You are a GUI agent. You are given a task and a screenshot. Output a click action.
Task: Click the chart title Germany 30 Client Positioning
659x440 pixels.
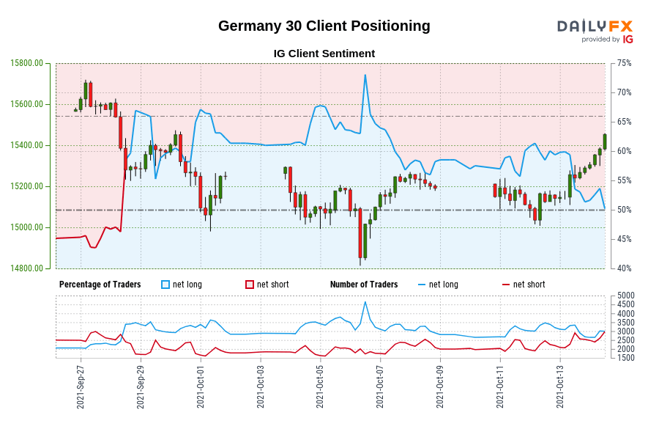click(x=324, y=26)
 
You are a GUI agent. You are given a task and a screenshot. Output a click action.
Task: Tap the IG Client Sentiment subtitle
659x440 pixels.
click(x=324, y=54)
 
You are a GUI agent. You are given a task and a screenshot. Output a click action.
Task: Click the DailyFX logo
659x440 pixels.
click(x=595, y=31)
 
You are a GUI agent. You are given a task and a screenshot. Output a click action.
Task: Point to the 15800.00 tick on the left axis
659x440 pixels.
click(x=27, y=63)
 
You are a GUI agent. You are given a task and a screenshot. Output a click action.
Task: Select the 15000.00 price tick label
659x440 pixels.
click(x=27, y=227)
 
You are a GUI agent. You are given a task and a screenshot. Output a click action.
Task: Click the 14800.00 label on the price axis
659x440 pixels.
click(x=27, y=268)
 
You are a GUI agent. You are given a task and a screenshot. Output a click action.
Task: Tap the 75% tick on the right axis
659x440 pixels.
click(x=624, y=63)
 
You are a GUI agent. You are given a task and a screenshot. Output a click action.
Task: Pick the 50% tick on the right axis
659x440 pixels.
click(x=624, y=210)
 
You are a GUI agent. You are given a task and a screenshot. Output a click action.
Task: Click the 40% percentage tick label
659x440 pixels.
click(x=624, y=268)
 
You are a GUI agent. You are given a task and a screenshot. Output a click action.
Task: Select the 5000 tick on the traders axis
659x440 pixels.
click(x=626, y=296)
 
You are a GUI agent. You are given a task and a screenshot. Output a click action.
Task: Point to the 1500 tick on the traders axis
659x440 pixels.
click(x=626, y=357)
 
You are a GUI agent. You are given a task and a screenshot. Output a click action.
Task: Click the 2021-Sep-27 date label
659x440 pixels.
click(x=81, y=387)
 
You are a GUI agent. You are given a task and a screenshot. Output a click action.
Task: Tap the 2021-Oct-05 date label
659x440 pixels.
click(x=320, y=387)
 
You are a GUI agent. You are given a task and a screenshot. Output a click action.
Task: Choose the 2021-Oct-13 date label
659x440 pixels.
click(x=560, y=387)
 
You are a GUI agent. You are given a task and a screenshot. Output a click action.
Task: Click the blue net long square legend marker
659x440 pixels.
click(x=165, y=285)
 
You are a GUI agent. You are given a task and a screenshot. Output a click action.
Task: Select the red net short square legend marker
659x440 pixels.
click(x=250, y=285)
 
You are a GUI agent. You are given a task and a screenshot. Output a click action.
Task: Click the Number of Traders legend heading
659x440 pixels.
click(x=364, y=285)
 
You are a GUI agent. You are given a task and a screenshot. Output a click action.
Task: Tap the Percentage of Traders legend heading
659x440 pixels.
click(x=100, y=285)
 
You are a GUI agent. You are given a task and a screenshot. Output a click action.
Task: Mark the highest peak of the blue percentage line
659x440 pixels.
click(x=365, y=75)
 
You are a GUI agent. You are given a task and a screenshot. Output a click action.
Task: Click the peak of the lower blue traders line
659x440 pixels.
click(x=365, y=302)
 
